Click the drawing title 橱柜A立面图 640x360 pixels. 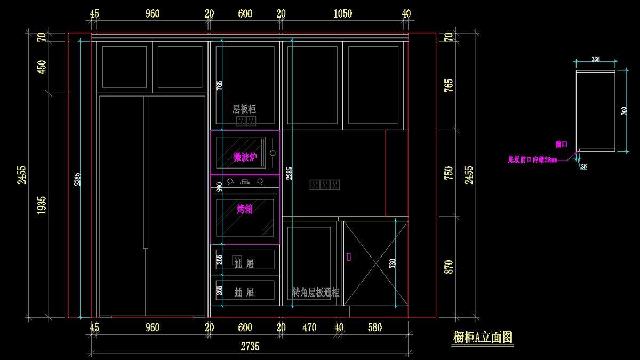(x=483, y=338)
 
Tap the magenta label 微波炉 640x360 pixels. (x=245, y=157)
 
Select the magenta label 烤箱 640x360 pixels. (x=245, y=209)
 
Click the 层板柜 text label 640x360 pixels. (x=244, y=109)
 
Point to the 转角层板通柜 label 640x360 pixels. (x=316, y=292)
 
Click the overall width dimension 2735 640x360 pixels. (x=250, y=347)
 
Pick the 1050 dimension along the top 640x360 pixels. (x=342, y=14)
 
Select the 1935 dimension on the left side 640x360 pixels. (x=42, y=205)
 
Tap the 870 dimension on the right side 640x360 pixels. (x=449, y=267)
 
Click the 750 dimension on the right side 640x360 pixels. (x=449, y=173)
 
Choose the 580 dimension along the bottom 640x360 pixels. (x=375, y=327)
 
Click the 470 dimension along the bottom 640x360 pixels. (x=309, y=327)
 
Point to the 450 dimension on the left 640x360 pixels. (x=42, y=67)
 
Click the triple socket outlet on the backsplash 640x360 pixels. (x=324, y=185)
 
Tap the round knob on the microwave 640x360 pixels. (x=273, y=153)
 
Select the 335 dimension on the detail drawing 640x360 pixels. (x=596, y=59)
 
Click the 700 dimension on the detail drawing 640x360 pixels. (x=624, y=110)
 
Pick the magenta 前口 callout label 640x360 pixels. (x=561, y=145)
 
